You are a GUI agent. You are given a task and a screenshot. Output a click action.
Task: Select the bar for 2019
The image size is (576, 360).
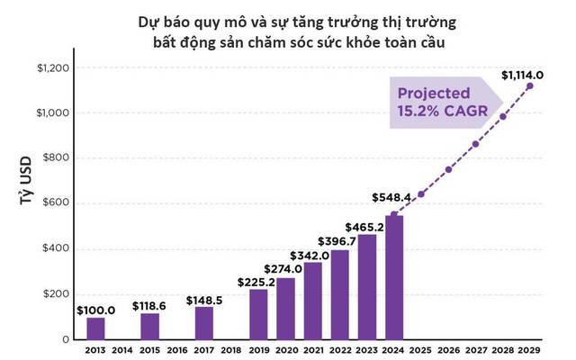[258, 314]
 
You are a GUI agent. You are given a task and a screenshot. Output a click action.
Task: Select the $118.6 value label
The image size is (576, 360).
[149, 305]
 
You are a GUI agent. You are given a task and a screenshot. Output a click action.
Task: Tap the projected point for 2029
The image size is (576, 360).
[530, 86]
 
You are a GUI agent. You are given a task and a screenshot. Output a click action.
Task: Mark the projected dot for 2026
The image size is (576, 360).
[448, 169]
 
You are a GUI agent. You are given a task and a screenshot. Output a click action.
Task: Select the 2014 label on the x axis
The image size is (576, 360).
[122, 351]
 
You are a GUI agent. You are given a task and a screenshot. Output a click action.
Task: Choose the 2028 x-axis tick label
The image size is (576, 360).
[503, 351]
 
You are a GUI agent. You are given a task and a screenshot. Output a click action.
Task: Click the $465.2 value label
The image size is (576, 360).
[366, 227]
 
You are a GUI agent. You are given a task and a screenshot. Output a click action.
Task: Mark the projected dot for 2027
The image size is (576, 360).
[476, 144]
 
